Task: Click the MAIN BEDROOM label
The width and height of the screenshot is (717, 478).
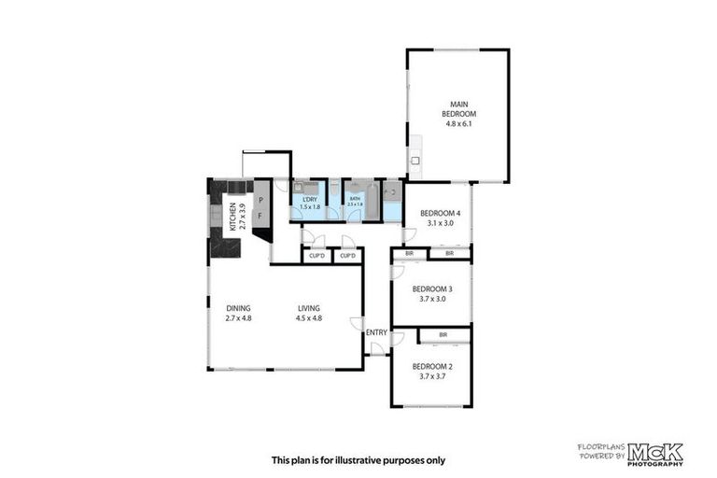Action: pyautogui.click(x=457, y=108)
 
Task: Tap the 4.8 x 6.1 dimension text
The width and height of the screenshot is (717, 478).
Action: pyautogui.click(x=457, y=124)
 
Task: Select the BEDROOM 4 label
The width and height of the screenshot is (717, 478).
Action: pyautogui.click(x=435, y=212)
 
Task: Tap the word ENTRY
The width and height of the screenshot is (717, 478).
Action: pyautogui.click(x=376, y=332)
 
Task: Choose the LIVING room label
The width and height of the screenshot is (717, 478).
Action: pyautogui.click(x=309, y=308)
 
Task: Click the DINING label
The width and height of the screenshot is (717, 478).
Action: pyautogui.click(x=239, y=308)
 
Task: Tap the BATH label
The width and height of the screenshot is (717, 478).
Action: pyautogui.click(x=355, y=198)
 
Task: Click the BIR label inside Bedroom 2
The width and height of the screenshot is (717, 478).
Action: pyautogui.click(x=443, y=333)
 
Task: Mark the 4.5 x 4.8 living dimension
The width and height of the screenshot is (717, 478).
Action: pyautogui.click(x=309, y=318)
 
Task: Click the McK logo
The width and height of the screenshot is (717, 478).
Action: pyautogui.click(x=654, y=454)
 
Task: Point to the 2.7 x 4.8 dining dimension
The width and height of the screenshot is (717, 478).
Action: pyautogui.click(x=239, y=318)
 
